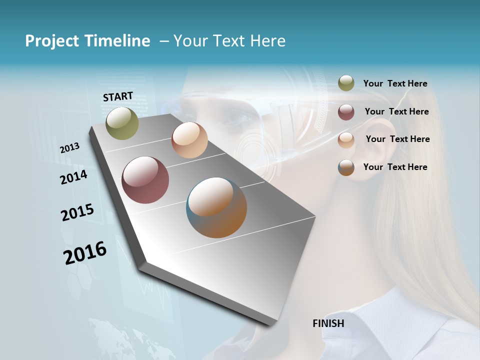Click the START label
[x=118, y=96]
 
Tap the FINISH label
[x=328, y=323]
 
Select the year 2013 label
[x=69, y=147]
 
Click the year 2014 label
[x=73, y=177]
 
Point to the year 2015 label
[x=77, y=212]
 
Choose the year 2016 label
[x=85, y=252]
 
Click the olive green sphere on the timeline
[x=122, y=123]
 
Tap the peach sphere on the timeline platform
[x=189, y=140]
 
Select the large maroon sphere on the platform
[x=145, y=180]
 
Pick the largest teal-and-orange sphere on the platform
[x=216, y=207]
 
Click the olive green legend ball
[x=346, y=83]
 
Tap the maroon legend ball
[x=346, y=112]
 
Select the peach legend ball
[x=346, y=140]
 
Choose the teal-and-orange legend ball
[x=346, y=167]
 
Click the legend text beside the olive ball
[x=395, y=84]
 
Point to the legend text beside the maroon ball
[x=396, y=111]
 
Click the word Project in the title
[x=52, y=41]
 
